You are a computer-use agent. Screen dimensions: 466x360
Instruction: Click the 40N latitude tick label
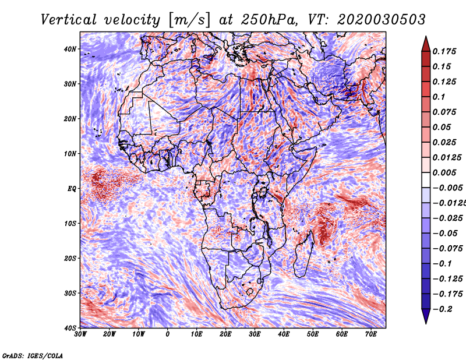(x=70, y=49)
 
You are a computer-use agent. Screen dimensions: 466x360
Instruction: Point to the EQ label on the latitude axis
(x=72, y=189)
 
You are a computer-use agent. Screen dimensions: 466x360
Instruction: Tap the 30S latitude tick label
(x=70, y=293)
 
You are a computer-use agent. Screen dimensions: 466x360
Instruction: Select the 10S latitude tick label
(x=70, y=223)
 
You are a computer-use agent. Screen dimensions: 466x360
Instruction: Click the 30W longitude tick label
(x=80, y=334)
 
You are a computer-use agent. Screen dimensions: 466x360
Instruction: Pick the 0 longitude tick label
(x=168, y=334)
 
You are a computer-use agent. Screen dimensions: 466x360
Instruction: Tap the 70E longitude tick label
(x=371, y=334)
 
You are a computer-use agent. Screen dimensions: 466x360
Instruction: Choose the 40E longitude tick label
(x=284, y=334)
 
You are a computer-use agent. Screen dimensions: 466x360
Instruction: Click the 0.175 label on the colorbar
(x=444, y=51)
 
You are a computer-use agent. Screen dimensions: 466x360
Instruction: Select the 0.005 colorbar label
(x=444, y=172)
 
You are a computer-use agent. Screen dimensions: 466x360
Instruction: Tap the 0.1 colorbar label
(x=439, y=97)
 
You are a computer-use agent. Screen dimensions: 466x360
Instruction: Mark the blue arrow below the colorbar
(x=426, y=316)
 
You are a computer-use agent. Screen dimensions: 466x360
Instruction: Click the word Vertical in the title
(x=69, y=20)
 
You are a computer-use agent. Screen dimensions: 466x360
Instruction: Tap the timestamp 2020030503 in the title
(x=382, y=20)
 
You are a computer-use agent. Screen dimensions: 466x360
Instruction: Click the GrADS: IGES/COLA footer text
(x=33, y=355)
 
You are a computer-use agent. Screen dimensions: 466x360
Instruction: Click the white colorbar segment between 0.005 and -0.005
(x=426, y=180)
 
